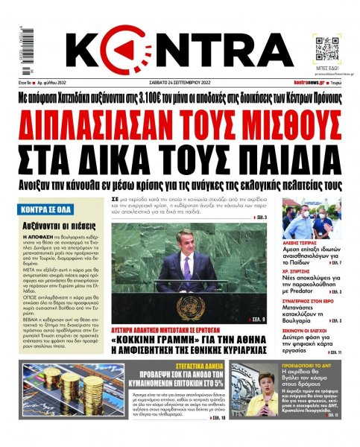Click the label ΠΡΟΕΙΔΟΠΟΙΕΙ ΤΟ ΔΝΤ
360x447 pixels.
point(305,367)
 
